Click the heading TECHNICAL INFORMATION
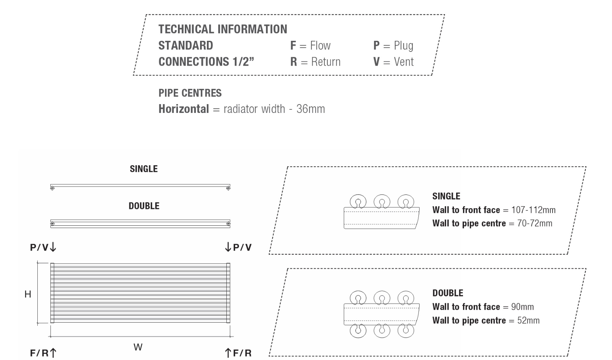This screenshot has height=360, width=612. click(x=223, y=29)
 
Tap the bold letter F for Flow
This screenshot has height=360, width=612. click(x=293, y=45)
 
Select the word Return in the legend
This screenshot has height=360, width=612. click(x=326, y=62)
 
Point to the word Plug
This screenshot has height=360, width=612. click(x=404, y=46)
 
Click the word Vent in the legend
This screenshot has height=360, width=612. click(x=404, y=62)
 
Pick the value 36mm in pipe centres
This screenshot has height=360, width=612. click(x=311, y=109)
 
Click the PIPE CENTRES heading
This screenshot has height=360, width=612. click(x=190, y=93)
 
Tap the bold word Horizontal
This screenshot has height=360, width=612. click(x=184, y=109)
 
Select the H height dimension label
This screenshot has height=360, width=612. click(x=27, y=294)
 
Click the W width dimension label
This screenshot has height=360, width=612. click(x=138, y=347)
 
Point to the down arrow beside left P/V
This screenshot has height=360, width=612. click(x=53, y=246)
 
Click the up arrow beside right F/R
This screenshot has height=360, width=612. click(x=228, y=353)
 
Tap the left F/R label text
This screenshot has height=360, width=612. click(x=39, y=353)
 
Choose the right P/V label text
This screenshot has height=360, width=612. click(x=242, y=247)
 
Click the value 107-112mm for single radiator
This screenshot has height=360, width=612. click(x=533, y=210)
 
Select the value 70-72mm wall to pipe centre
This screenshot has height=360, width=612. click(x=535, y=223)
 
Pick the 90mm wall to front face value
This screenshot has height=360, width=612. click(x=522, y=307)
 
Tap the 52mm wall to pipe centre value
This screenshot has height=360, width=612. click(x=529, y=320)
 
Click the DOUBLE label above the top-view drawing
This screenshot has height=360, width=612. click(x=144, y=206)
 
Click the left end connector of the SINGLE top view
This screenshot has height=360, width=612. click(x=52, y=188)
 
